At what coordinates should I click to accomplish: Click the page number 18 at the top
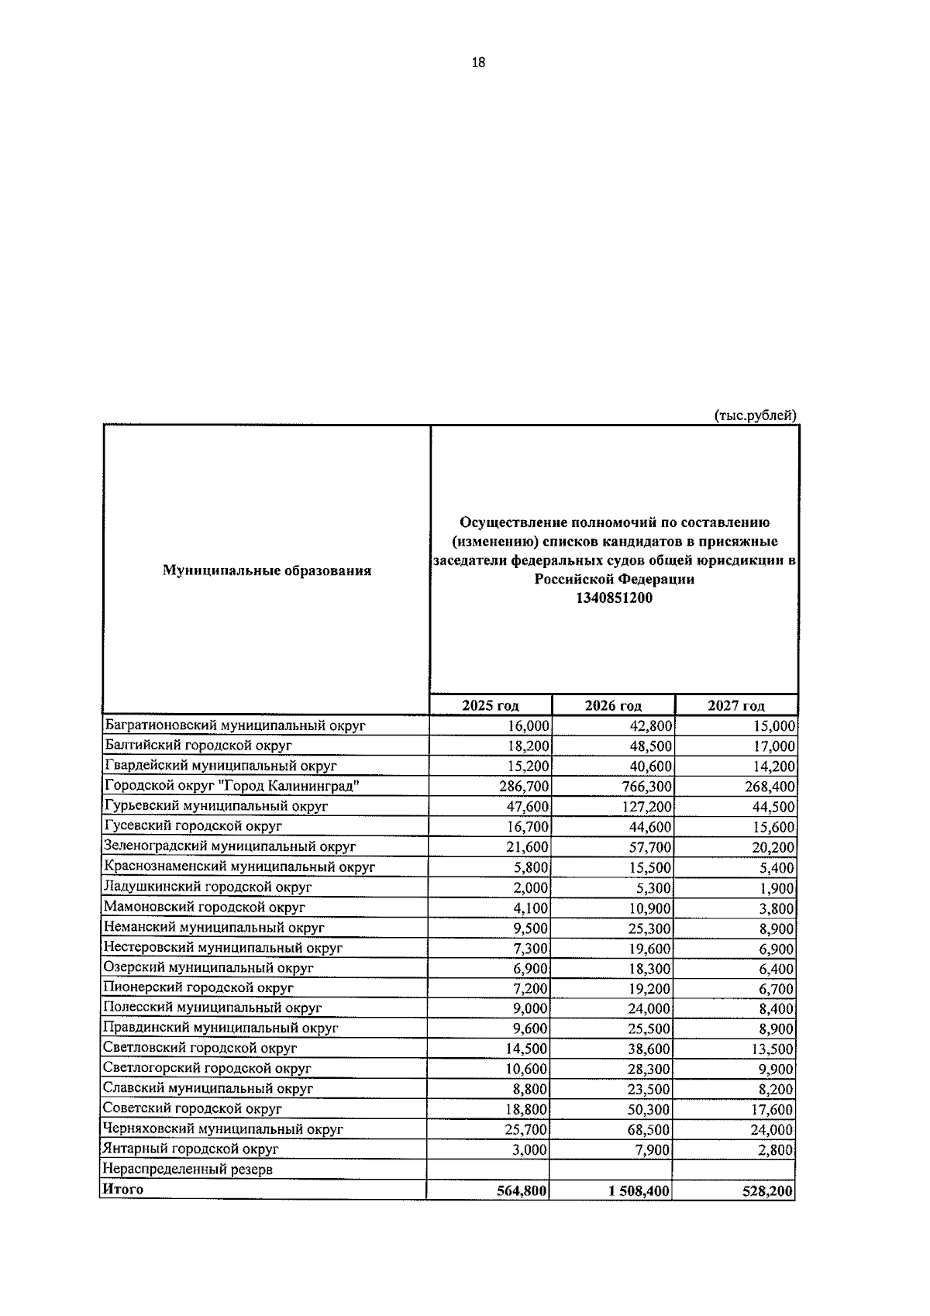pos(477,63)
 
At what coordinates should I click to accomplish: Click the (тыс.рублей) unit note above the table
pos(754,415)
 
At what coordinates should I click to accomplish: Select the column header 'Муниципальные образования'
pos(267,571)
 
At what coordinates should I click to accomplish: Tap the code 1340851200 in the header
pos(614,598)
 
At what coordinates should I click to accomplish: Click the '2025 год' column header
pos(490,705)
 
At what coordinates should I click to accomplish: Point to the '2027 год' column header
pos(735,705)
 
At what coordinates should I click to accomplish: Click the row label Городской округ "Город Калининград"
pos(232,786)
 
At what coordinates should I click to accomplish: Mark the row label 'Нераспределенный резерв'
pos(187,1170)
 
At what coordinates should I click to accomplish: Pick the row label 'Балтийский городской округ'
pos(198,746)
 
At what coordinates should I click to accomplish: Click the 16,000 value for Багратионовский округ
pos(529,726)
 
